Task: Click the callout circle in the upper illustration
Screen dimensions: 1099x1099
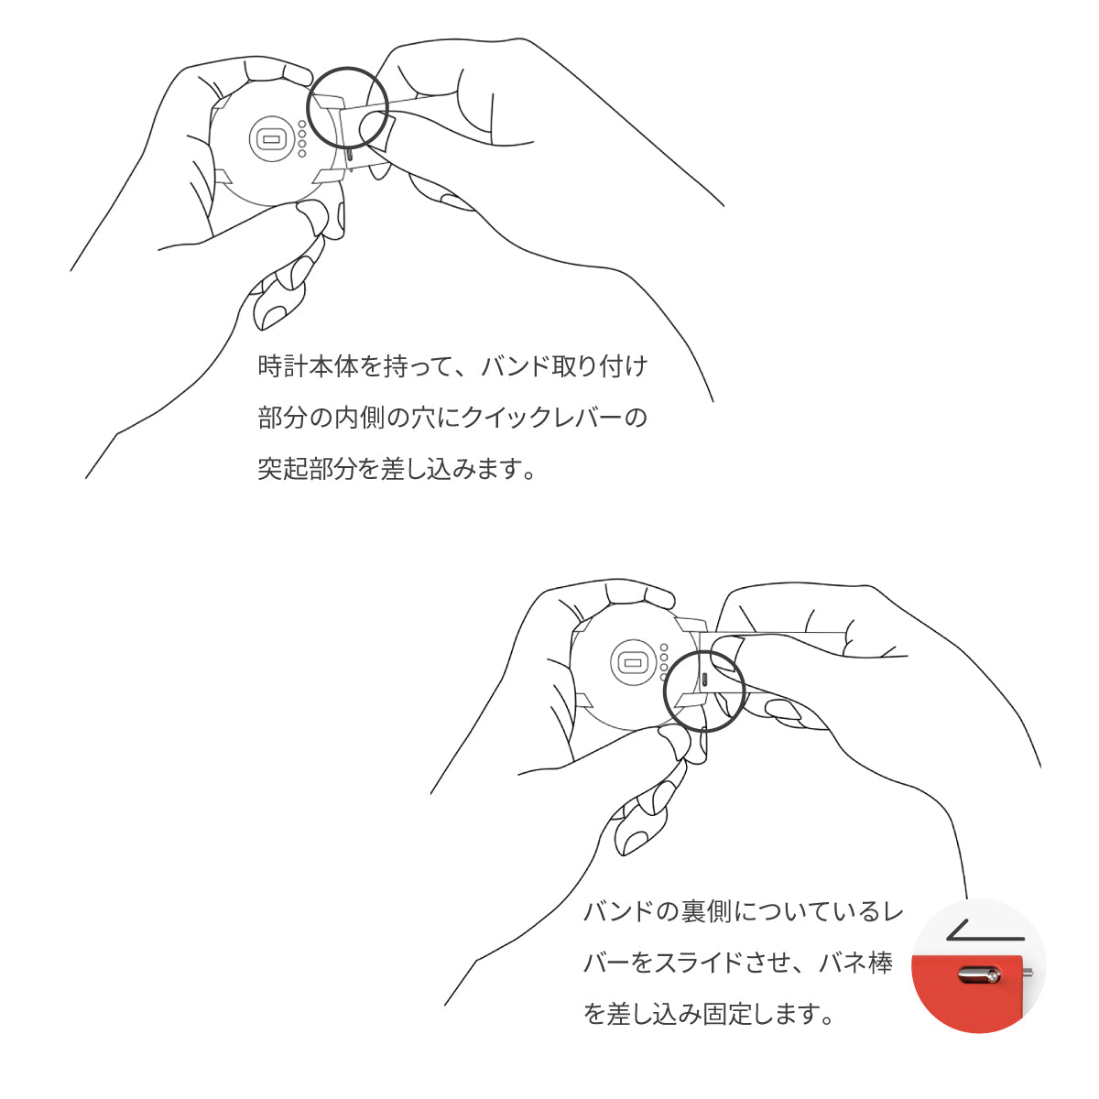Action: pyautogui.click(x=348, y=108)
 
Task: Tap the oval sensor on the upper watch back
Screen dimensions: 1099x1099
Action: pyautogui.click(x=270, y=138)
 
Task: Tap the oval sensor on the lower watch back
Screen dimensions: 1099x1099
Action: pyautogui.click(x=631, y=660)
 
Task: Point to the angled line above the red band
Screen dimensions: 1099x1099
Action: pyautogui.click(x=985, y=932)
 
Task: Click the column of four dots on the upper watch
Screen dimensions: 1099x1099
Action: pyautogui.click(x=301, y=137)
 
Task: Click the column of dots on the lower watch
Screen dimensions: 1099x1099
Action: pyautogui.click(x=663, y=661)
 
